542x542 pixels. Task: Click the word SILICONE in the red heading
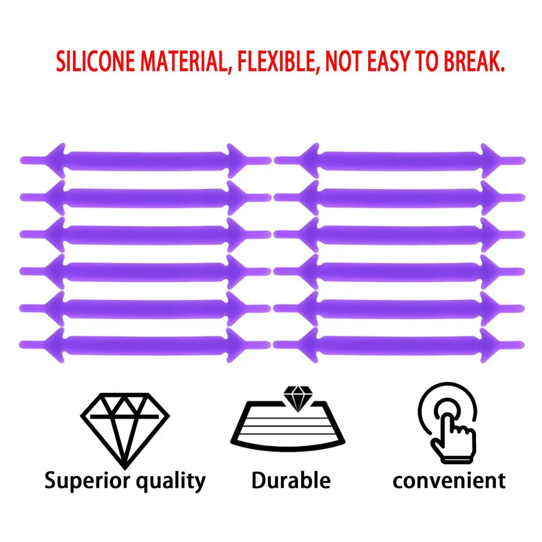pyautogui.click(x=96, y=63)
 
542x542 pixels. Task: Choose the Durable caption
pyautogui.click(x=291, y=480)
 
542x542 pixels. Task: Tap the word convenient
pyautogui.click(x=449, y=480)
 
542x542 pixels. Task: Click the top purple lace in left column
pyautogui.click(x=145, y=160)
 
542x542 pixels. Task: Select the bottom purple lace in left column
pyautogui.click(x=145, y=343)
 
